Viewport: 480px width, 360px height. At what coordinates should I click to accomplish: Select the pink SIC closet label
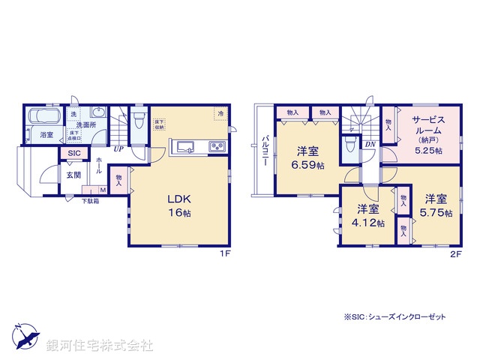pyautogui.click(x=73, y=154)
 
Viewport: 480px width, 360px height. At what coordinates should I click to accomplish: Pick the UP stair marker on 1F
pyautogui.click(x=118, y=148)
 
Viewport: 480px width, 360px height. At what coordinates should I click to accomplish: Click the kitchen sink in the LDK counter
pyautogui.click(x=186, y=145)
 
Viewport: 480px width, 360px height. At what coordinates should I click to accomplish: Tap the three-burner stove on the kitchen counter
pyautogui.click(x=217, y=145)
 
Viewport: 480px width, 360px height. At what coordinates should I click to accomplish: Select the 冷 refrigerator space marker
pyautogui.click(x=220, y=113)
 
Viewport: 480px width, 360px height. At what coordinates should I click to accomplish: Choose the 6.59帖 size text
pyautogui.click(x=308, y=164)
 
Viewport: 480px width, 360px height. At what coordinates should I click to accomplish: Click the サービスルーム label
pyautogui.click(x=427, y=124)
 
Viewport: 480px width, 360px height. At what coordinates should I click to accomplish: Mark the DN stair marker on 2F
pyautogui.click(x=370, y=145)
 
